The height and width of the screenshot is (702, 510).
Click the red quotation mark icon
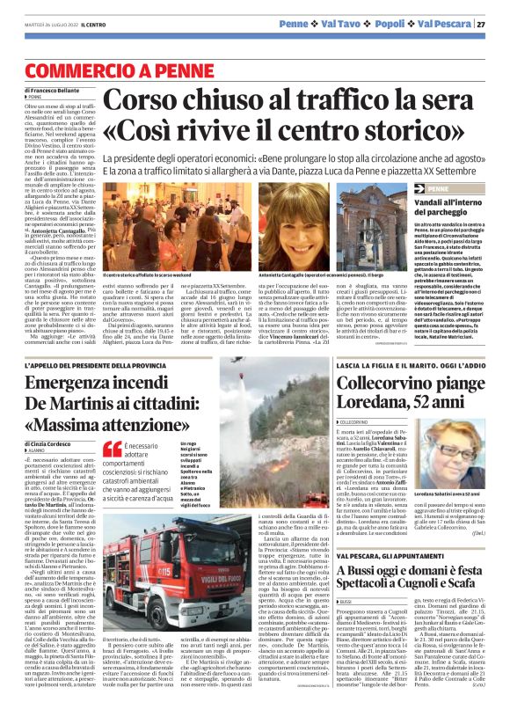point(109,450)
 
